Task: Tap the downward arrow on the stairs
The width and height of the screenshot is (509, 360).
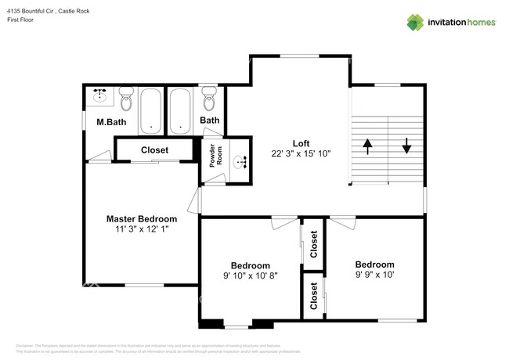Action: coord(407,146)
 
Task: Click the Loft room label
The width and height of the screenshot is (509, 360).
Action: coord(301,143)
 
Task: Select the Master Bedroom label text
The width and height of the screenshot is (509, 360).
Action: coord(142,218)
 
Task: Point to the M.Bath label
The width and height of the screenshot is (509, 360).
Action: coord(111,123)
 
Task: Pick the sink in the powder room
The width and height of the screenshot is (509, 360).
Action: coord(241,163)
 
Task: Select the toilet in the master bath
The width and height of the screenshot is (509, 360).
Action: coord(127,99)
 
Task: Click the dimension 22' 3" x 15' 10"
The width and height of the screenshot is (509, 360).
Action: coord(301,154)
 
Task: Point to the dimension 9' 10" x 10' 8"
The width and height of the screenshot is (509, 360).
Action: coord(250,276)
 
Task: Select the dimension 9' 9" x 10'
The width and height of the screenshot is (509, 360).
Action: coord(374,275)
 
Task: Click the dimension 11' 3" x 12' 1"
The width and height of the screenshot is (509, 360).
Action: coord(142,229)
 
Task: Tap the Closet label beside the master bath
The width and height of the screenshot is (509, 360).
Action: coord(154,150)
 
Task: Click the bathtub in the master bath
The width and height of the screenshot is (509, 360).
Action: coord(150,110)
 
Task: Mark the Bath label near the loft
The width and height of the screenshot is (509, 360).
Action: coord(209,121)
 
